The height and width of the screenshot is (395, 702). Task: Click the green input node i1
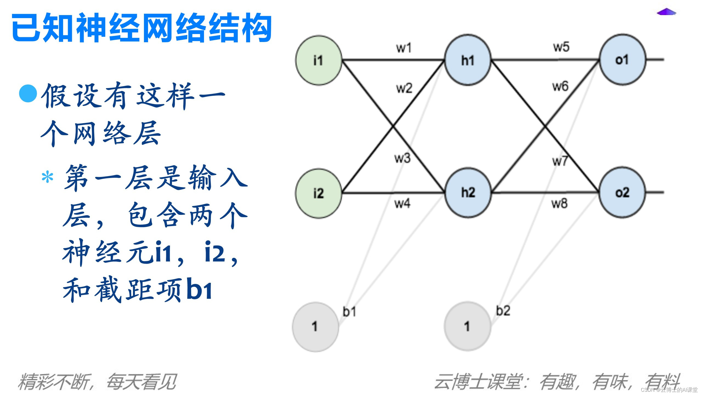point(318,60)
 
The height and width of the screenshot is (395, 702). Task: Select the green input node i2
point(318,193)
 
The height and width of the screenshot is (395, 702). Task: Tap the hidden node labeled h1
point(468,60)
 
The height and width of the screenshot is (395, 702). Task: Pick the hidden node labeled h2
point(468,193)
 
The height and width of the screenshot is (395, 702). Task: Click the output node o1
point(622,60)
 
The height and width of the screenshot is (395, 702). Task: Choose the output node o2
point(622,193)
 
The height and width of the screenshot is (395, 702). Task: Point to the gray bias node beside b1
point(315,326)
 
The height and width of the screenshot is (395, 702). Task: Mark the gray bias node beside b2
point(467,326)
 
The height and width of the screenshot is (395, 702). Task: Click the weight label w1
point(404,48)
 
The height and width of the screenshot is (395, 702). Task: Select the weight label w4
point(402,204)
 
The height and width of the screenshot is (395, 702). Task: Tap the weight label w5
point(561,47)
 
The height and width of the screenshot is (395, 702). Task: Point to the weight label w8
point(559,204)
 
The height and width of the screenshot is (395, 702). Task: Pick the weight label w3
point(402,158)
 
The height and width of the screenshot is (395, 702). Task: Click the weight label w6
point(560,86)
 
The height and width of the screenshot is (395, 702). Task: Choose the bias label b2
point(503,311)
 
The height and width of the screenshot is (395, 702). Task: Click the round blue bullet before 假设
point(28,94)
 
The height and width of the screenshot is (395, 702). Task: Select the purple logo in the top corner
point(666,12)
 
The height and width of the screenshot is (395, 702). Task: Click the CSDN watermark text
point(669,390)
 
